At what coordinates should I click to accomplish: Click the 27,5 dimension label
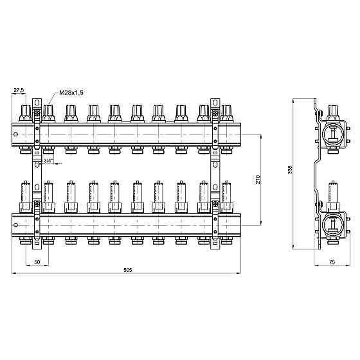[x=19, y=90]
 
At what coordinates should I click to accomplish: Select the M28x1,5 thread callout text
[x=71, y=93]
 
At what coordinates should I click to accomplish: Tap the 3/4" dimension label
[x=48, y=161]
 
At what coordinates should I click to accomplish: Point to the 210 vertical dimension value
[x=258, y=179]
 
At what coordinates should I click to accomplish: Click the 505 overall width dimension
[x=128, y=270]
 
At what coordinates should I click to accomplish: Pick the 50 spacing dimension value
[x=37, y=262]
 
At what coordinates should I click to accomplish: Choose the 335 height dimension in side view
[x=290, y=169]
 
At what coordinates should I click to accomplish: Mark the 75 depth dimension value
[x=332, y=262]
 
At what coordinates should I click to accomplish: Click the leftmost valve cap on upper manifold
[x=26, y=113]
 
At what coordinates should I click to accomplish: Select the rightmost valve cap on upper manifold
[x=226, y=113]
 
